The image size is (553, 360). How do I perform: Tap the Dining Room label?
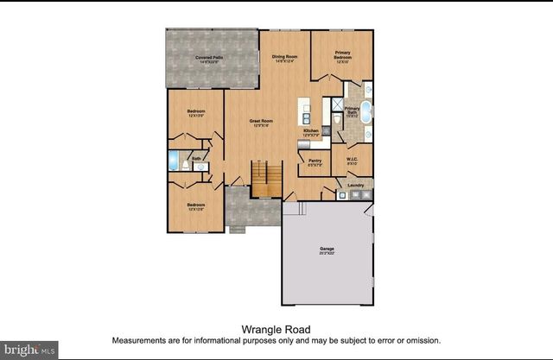[284, 57]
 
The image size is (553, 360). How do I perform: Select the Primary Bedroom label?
[343, 55]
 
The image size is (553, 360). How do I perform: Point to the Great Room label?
[260, 122]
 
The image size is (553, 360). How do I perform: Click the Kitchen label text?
[311, 131]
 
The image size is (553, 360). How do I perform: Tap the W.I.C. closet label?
[353, 160]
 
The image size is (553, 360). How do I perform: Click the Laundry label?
[355, 185]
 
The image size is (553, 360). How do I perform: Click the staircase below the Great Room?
[267, 178]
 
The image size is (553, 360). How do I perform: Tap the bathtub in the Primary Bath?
[365, 113]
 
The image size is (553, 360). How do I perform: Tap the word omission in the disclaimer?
[422, 340]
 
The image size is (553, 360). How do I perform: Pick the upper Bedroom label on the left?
[195, 112]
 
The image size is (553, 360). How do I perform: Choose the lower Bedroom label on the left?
[195, 205]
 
